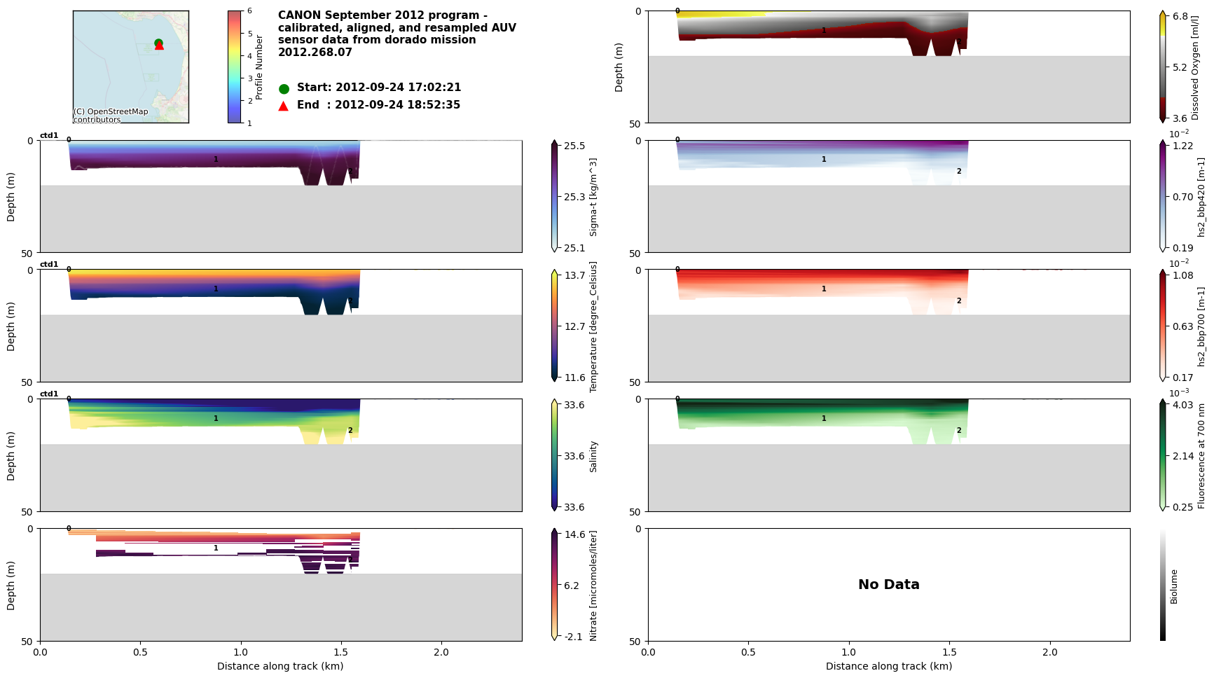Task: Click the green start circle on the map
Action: coord(158,43)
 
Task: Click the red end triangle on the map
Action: coord(159,46)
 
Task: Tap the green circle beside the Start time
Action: coord(284,89)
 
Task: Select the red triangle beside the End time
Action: coord(284,106)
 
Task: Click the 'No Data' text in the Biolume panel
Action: coord(888,585)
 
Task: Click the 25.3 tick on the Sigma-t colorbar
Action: coord(575,197)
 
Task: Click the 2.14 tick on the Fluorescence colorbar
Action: coord(1184,456)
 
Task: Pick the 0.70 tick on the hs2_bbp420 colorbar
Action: coord(1184,197)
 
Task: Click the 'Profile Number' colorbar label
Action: coord(259,67)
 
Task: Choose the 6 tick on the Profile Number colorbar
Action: coord(249,11)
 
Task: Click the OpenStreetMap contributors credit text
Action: coord(111,116)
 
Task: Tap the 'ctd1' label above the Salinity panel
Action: coord(49,394)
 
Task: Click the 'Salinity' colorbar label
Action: coord(593,456)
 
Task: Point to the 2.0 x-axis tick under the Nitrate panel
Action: coord(441,652)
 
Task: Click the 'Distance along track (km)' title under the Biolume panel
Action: coord(888,666)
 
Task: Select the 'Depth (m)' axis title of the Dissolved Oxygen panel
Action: coord(619,67)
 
